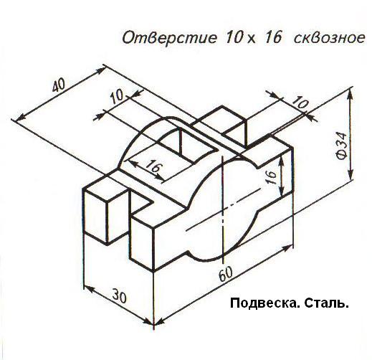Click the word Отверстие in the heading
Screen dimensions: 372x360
coord(170,38)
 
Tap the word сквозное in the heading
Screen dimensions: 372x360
coord(329,38)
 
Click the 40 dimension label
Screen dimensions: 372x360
coord(59,85)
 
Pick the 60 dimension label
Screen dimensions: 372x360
coord(225,274)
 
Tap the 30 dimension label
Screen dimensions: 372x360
coord(119,295)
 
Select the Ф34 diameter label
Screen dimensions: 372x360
coord(341,146)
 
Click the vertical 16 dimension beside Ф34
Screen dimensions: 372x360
coord(272,177)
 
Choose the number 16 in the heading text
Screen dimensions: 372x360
coord(273,38)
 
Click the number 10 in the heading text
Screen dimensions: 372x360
coord(232,38)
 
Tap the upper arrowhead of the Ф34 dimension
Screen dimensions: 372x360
coord(350,95)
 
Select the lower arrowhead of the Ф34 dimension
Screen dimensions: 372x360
coord(350,174)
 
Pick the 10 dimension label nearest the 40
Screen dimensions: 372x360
coord(117,96)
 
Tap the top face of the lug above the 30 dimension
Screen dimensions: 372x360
coord(107,189)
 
